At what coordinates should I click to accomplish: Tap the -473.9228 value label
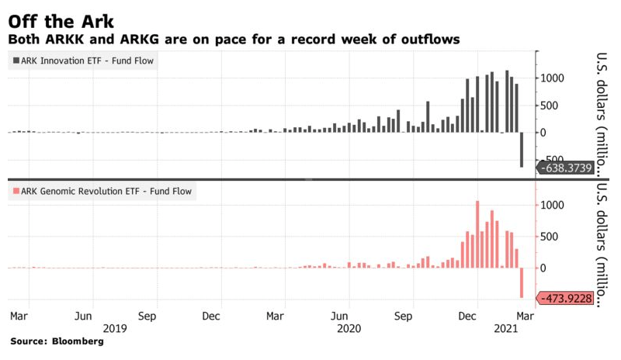(565, 298)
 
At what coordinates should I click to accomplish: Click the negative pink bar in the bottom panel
(522, 282)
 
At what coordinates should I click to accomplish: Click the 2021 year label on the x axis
(506, 328)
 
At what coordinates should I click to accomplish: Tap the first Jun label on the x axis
(84, 317)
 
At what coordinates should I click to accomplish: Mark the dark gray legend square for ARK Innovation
(16, 61)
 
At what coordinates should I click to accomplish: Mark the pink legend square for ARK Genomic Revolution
(16, 191)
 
